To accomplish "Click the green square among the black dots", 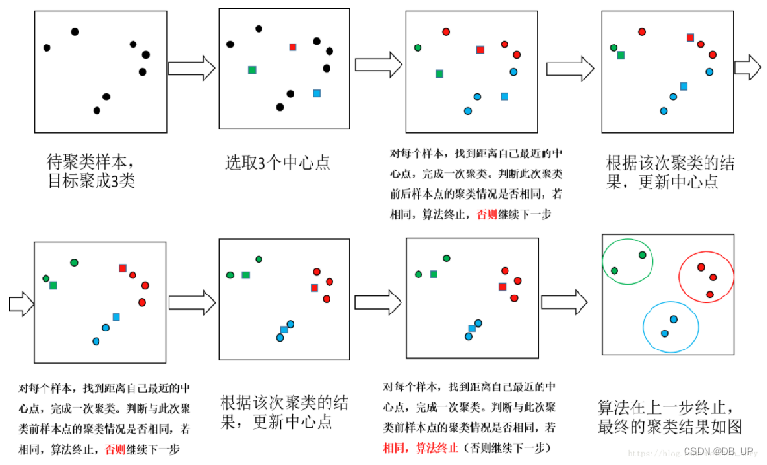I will click(252, 69).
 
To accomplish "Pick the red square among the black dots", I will click(293, 46).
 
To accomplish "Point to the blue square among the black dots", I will click(316, 93).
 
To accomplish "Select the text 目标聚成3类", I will click(91, 180).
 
